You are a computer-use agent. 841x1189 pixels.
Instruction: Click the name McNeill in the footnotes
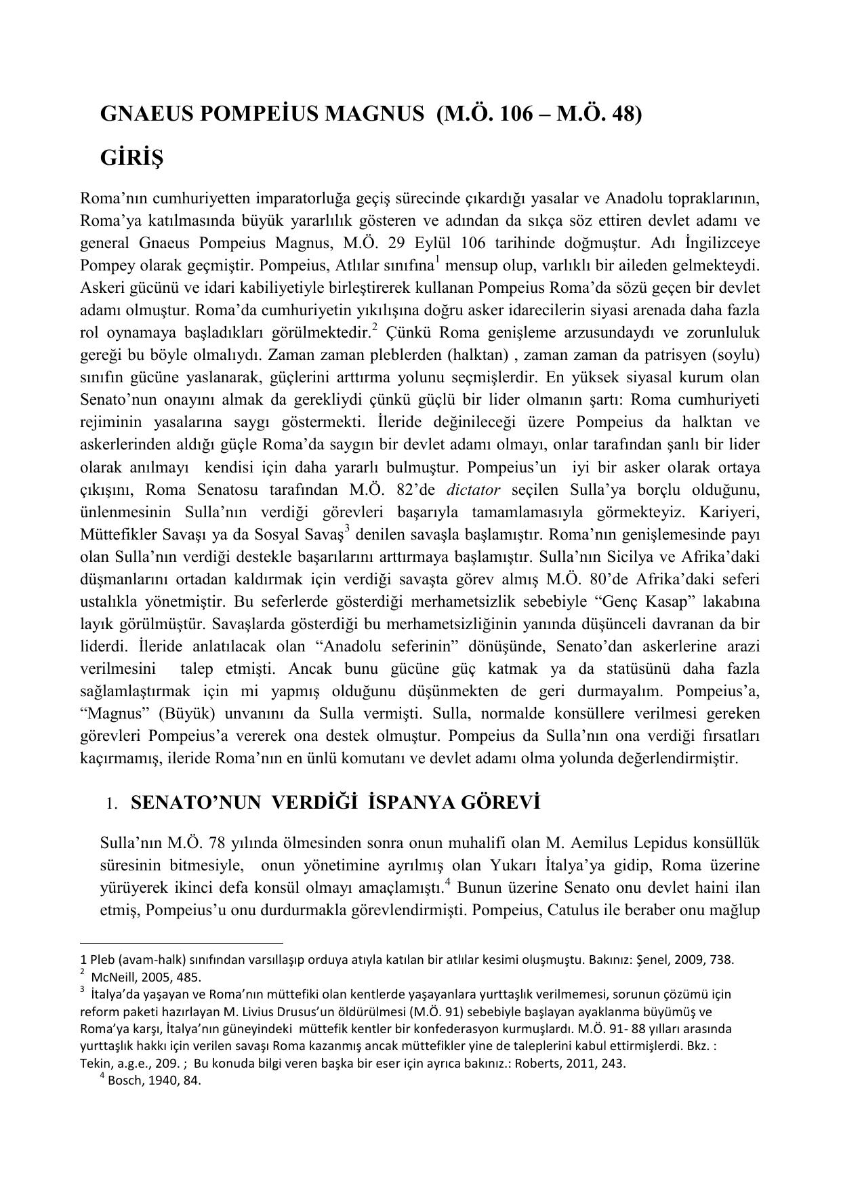(121, 977)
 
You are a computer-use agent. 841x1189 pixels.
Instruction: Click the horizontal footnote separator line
(181, 942)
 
